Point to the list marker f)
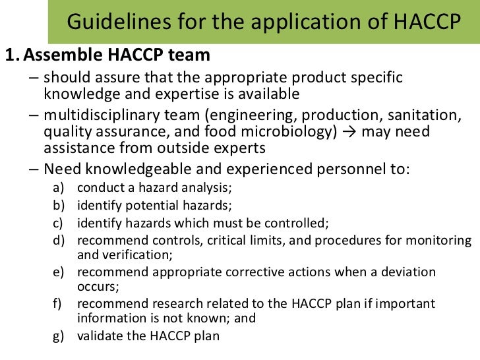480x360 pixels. click(60, 304)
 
